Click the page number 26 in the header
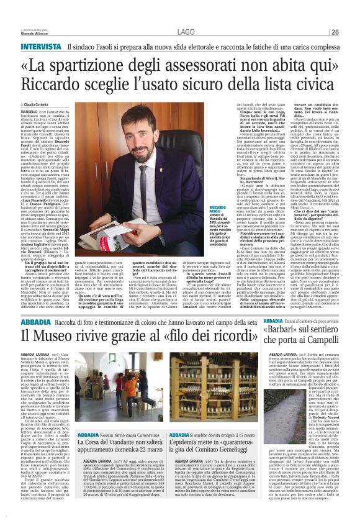click(351, 32)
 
